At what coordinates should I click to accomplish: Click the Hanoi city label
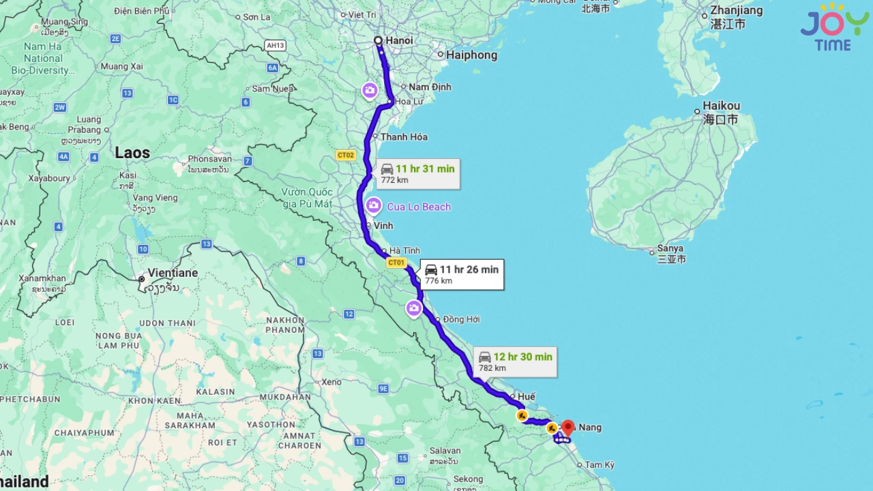pyautogui.click(x=399, y=41)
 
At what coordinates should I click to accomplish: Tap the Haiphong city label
pyautogui.click(x=471, y=55)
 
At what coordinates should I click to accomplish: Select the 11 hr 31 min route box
pyautogui.click(x=417, y=174)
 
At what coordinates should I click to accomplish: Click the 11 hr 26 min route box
pyautogui.click(x=462, y=274)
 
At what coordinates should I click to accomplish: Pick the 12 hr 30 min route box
pyautogui.click(x=515, y=361)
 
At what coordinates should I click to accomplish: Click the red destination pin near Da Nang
pyautogui.click(x=567, y=428)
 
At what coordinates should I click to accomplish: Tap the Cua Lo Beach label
pyautogui.click(x=419, y=207)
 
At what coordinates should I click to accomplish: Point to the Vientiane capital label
pyautogui.click(x=173, y=273)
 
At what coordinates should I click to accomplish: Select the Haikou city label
pyautogui.click(x=721, y=106)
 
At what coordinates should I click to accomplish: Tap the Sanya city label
pyautogui.click(x=670, y=249)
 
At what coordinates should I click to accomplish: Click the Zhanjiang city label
pyautogui.click(x=736, y=11)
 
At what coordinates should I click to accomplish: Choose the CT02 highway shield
pyautogui.click(x=346, y=155)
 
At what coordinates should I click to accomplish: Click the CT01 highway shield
pyautogui.click(x=396, y=263)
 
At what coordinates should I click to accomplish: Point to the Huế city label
pyautogui.click(x=527, y=397)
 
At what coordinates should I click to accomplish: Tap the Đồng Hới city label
pyautogui.click(x=461, y=319)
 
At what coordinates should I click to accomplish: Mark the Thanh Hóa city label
pyautogui.click(x=404, y=137)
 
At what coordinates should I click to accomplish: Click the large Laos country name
pyautogui.click(x=132, y=153)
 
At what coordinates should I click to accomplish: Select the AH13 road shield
pyautogui.click(x=276, y=46)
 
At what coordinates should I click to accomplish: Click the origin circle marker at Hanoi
pyautogui.click(x=378, y=41)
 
